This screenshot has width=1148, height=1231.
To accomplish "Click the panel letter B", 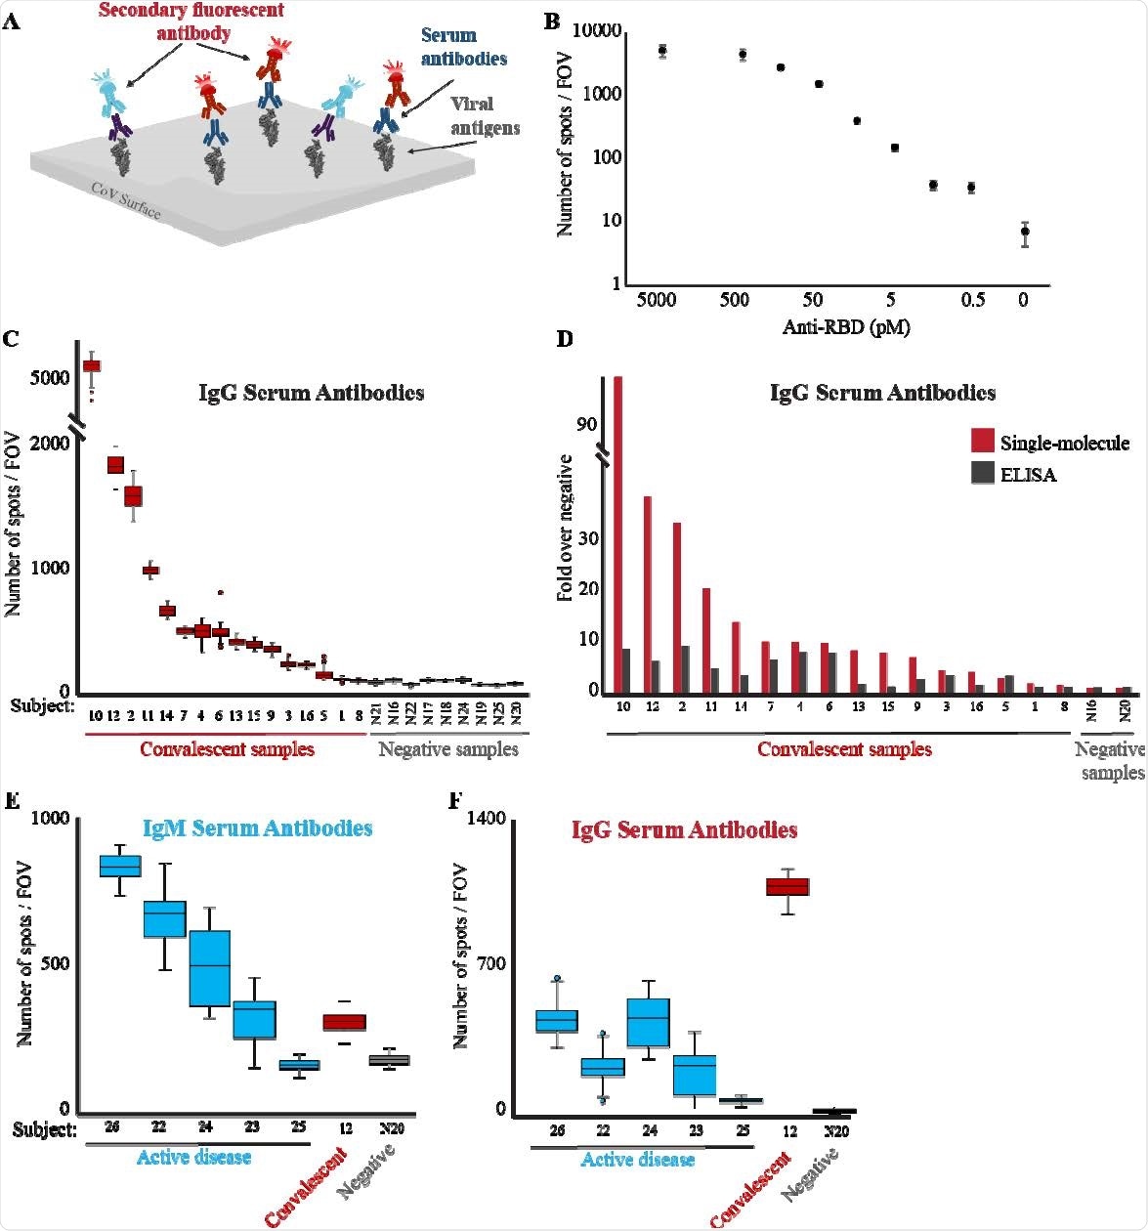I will point(551,21).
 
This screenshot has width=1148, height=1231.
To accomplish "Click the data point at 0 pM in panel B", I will point(1024,232).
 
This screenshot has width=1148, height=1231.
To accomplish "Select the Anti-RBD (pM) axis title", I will point(845,327).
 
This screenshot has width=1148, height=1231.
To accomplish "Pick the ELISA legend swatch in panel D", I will point(980,475).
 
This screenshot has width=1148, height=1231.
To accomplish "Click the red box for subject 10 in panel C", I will point(92,365).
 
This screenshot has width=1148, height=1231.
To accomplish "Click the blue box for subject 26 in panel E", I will point(121,866).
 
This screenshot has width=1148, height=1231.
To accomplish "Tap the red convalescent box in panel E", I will point(345,1022).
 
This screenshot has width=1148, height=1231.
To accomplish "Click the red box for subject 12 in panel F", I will point(787,885).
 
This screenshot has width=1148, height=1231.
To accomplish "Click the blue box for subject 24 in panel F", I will point(648,1022).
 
